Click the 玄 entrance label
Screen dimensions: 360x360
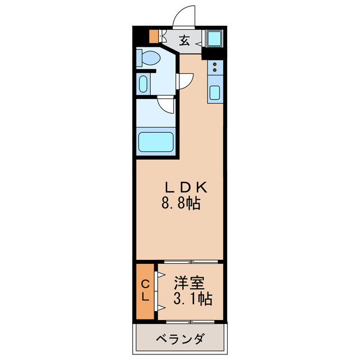[184, 40]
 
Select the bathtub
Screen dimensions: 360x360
[156, 141]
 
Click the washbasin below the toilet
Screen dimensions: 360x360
[143, 84]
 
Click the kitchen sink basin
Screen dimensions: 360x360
[215, 92]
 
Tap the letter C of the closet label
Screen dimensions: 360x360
[145, 283]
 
